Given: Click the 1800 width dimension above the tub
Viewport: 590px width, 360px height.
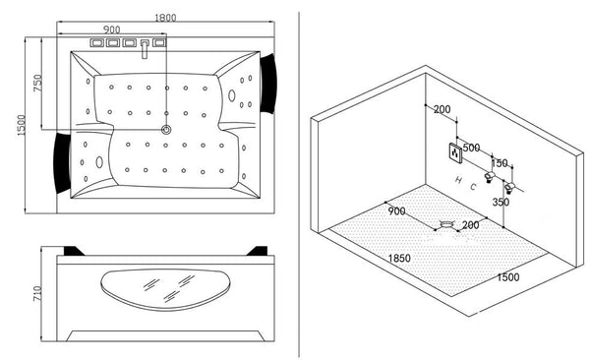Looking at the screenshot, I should (165, 17).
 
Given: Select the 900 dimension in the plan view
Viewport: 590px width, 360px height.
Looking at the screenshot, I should (112, 30).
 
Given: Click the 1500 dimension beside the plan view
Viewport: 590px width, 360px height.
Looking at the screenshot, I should (11, 124).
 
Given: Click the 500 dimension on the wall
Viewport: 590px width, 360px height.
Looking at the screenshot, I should (471, 148).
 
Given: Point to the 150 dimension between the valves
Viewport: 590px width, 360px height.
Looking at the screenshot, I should (500, 163).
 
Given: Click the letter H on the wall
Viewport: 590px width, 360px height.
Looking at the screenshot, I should (459, 180).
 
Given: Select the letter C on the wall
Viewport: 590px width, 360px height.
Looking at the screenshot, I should (473, 186).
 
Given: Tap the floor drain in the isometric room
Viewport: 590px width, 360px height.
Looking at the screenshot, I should (448, 225).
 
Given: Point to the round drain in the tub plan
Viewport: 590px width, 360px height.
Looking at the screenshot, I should (165, 129).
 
